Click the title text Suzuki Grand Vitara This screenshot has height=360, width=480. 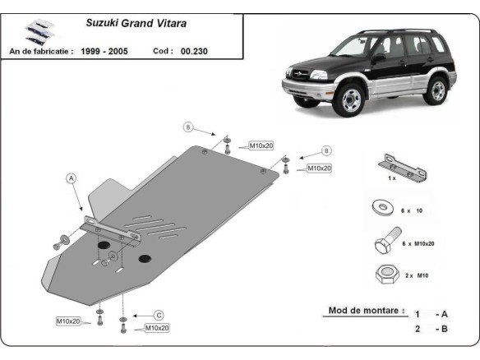(x=136, y=24)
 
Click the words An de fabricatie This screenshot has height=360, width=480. (x=41, y=51)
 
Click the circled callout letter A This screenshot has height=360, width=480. (x=71, y=177)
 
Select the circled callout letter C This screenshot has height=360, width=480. (x=159, y=315)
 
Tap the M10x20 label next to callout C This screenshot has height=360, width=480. (x=156, y=328)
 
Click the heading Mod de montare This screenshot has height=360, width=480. (x=365, y=311)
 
